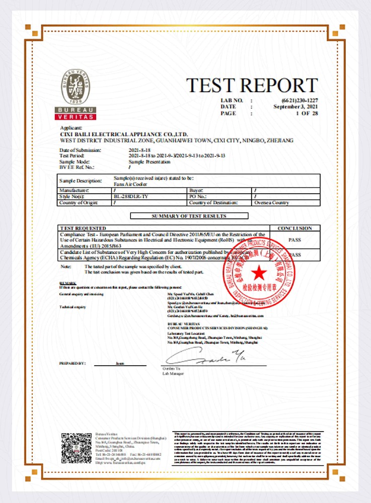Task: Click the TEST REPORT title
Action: [x=252, y=86]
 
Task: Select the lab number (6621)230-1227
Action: [x=300, y=100]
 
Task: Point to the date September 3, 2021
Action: [x=295, y=107]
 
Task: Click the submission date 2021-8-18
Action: [x=139, y=150]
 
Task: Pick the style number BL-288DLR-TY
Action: [x=131, y=196]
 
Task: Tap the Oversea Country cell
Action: [x=272, y=203]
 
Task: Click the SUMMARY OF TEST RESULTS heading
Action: [x=189, y=216]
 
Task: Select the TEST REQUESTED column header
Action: [x=83, y=228]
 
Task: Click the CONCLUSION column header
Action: [x=294, y=228]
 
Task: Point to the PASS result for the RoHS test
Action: [x=294, y=240]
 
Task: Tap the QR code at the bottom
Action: [x=76, y=447]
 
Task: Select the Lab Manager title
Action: [x=173, y=374]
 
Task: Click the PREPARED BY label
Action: [x=72, y=363]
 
